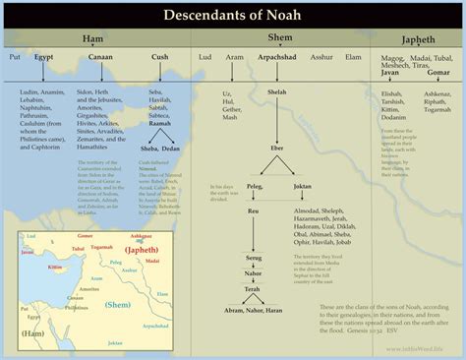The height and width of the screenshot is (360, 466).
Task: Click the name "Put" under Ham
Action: pyautogui.click(x=14, y=58)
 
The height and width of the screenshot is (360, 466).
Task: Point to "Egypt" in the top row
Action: pyautogui.click(x=44, y=58)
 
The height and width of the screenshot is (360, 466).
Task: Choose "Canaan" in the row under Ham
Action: pyautogui.click(x=100, y=58)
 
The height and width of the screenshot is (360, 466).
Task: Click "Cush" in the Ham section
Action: pyautogui.click(x=159, y=58)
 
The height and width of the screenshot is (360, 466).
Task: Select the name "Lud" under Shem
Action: pyautogui.click(x=204, y=58)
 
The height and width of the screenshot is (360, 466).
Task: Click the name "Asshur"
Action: pyautogui.click(x=321, y=58)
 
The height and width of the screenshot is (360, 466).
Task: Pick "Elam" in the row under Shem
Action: pyautogui.click(x=353, y=58)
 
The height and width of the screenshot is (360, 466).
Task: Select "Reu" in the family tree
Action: pyautogui.click(x=253, y=210)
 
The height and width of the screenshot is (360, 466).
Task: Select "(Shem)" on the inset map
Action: pyautogui.click(x=121, y=306)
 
